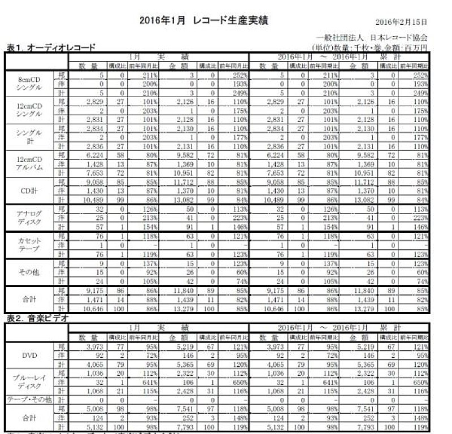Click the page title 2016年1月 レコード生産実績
[x=203, y=20]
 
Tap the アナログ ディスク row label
[x=29, y=217]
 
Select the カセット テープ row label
[x=29, y=244]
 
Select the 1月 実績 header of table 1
[x=160, y=57]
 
